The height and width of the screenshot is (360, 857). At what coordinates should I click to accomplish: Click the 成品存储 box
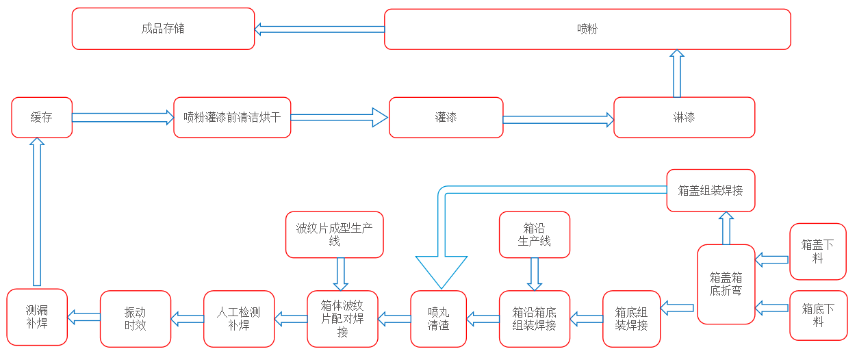[163, 29]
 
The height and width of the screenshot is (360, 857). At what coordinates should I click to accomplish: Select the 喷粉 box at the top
[587, 29]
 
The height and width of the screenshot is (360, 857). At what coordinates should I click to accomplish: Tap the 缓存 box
[42, 117]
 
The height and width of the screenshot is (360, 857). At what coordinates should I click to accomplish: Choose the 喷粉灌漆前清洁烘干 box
[232, 117]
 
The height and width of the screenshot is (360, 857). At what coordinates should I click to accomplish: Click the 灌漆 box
[446, 117]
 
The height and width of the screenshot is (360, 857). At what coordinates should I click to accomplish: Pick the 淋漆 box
[684, 117]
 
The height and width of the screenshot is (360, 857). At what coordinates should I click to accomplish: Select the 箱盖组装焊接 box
[711, 190]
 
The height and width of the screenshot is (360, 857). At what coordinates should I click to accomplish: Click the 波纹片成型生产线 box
[334, 235]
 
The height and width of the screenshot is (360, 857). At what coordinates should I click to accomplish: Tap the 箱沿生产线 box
[535, 235]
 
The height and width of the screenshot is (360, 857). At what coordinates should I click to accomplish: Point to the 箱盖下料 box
[817, 251]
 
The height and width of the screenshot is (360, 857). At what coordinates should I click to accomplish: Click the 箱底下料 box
[817, 316]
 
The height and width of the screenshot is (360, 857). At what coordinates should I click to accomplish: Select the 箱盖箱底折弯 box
[726, 284]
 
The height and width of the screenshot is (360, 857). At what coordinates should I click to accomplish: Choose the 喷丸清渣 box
[438, 318]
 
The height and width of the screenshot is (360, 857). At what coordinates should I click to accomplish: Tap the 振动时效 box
[135, 318]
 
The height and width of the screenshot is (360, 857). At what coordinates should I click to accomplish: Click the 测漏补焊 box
[37, 317]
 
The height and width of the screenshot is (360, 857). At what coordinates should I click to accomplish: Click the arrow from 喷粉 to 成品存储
[319, 29]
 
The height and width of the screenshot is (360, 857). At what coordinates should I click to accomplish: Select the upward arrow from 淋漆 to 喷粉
[677, 73]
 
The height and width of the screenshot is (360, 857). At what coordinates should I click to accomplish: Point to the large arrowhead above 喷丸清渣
[442, 271]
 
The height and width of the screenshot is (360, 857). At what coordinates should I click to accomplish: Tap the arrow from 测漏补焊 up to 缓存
[37, 212]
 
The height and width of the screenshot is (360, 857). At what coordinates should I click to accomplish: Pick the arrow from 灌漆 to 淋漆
[559, 120]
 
